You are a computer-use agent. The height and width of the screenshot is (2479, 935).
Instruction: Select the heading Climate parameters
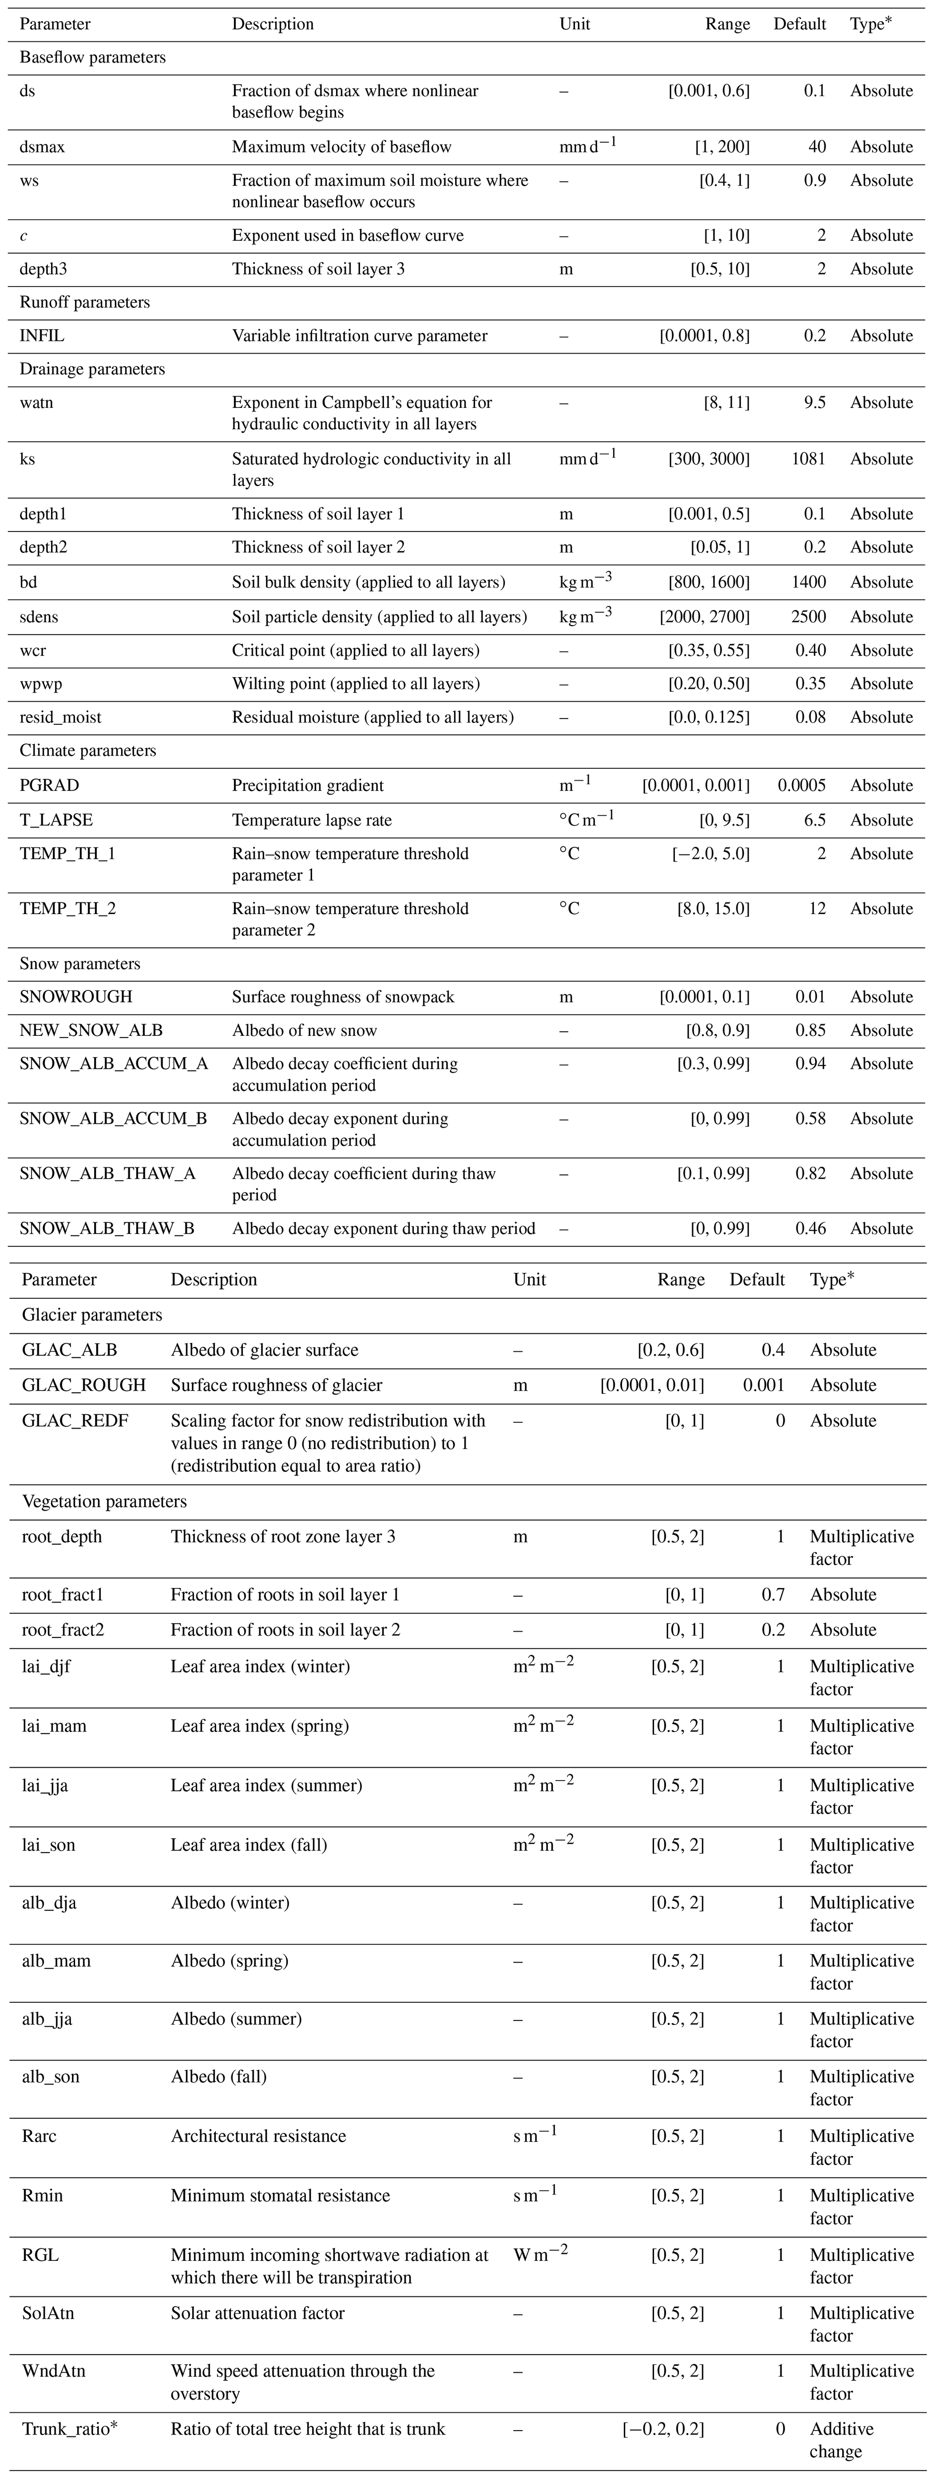click(88, 751)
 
